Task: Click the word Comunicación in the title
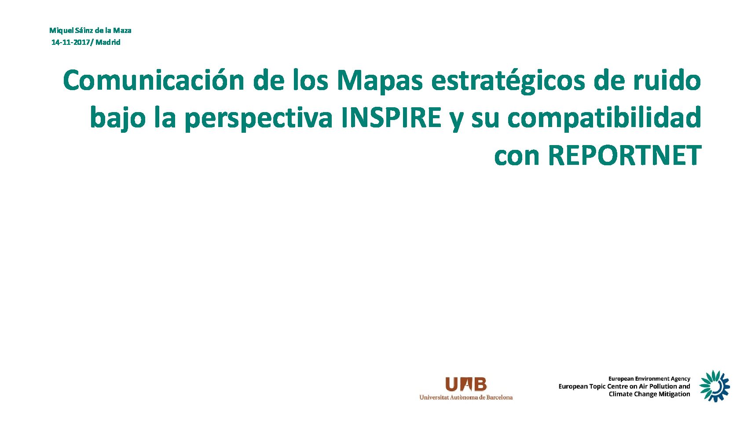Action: coord(154,81)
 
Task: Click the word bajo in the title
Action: coord(117,118)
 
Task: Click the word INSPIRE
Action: coord(391,117)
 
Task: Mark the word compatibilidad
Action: coord(604,118)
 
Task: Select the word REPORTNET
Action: coord(625,156)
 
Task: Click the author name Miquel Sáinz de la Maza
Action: coord(90,30)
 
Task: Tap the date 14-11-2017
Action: coord(70,42)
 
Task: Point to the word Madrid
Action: coord(108,42)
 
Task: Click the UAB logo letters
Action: coord(465,384)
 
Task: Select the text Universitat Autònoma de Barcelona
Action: coord(465,397)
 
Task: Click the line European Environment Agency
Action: coord(649,379)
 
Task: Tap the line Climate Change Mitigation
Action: coord(649,394)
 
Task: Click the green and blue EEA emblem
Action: coord(714,386)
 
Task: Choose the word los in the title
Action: coord(310,81)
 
